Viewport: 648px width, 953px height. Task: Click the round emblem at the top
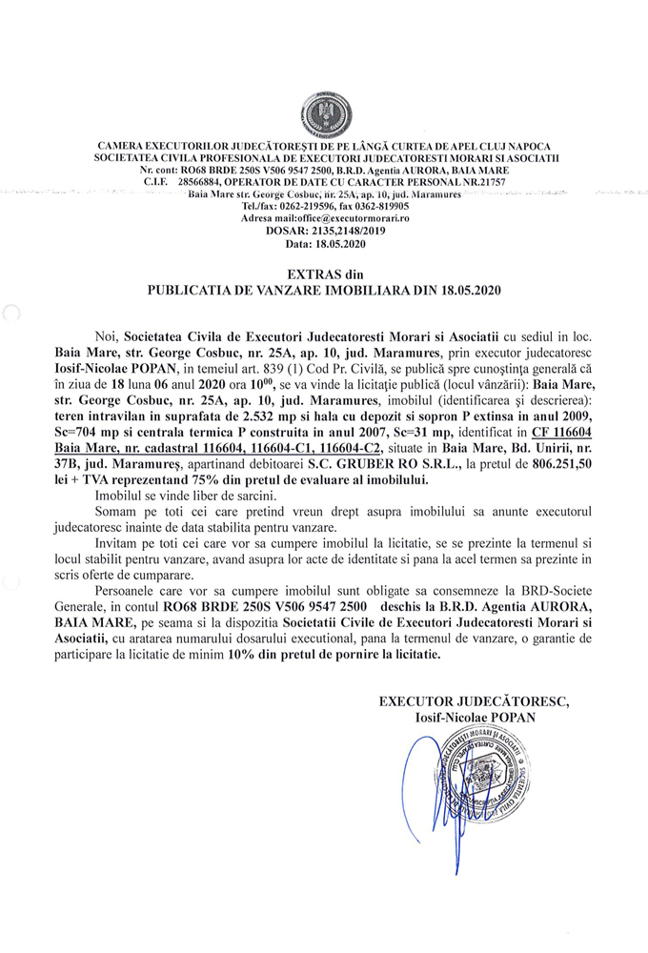click(x=324, y=113)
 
